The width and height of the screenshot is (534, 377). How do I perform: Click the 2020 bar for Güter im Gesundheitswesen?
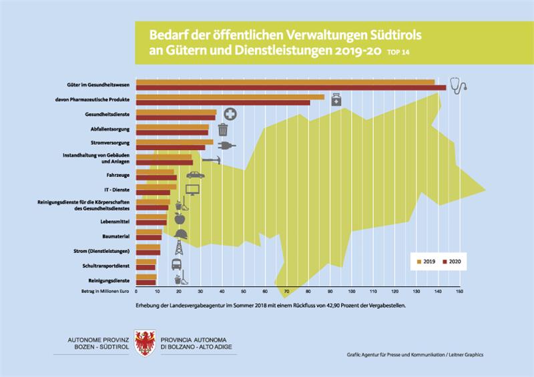(290, 87)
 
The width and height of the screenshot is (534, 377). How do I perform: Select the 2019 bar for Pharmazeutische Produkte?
(230, 97)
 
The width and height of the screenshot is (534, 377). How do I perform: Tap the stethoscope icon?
(457, 84)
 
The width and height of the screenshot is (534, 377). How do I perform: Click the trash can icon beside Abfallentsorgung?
(222, 129)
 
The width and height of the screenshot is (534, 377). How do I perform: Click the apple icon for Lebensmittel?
(178, 218)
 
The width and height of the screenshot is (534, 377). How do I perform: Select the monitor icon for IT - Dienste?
(192, 191)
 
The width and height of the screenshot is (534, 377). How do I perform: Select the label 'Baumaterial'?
(115, 235)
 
